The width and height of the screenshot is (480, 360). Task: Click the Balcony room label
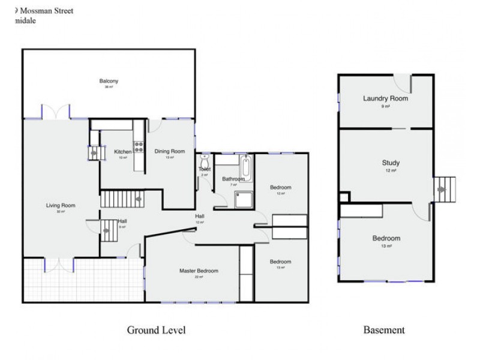click(x=109, y=81)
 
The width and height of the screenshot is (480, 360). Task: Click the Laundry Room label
click(x=385, y=98)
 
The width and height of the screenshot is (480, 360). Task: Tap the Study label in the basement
click(x=391, y=163)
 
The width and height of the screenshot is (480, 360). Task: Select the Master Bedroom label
click(x=199, y=271)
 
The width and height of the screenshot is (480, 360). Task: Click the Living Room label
click(x=61, y=206)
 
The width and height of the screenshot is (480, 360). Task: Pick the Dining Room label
click(x=170, y=151)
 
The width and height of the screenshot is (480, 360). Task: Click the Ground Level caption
click(x=156, y=330)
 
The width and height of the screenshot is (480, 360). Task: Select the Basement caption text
click(x=384, y=330)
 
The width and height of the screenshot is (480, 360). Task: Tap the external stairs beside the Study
click(x=445, y=188)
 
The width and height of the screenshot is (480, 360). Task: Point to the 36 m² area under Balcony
click(x=109, y=88)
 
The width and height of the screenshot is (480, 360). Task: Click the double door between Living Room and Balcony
click(x=56, y=111)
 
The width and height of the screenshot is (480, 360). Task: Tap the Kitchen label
click(x=122, y=152)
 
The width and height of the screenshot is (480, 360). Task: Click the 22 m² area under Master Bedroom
click(x=199, y=277)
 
